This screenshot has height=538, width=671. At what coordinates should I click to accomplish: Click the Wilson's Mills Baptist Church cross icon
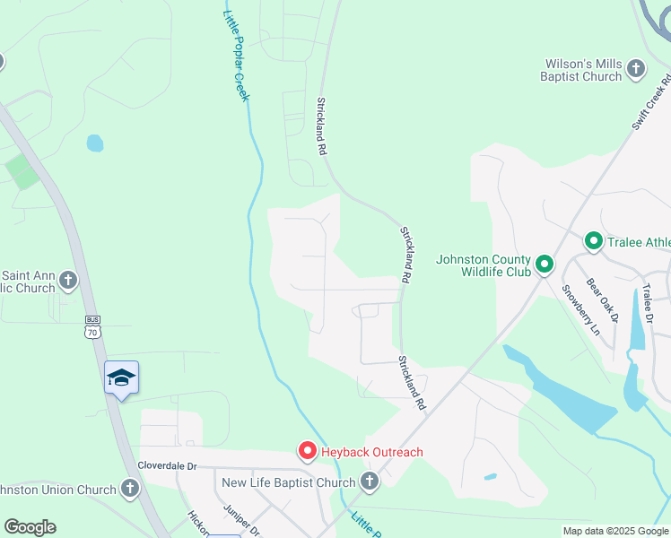pyautogui.click(x=635, y=69)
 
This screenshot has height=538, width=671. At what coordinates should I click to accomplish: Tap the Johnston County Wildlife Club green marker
pyautogui.click(x=544, y=265)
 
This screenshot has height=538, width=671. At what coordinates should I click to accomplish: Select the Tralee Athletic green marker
pyautogui.click(x=592, y=241)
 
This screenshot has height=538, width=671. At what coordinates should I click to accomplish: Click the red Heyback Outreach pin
pyautogui.click(x=307, y=450)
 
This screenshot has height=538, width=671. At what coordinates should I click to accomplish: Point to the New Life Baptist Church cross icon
pyautogui.click(x=369, y=482)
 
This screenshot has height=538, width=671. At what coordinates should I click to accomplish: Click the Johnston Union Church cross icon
pyautogui.click(x=130, y=490)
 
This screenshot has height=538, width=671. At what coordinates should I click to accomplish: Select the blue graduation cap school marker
pyautogui.click(x=121, y=377)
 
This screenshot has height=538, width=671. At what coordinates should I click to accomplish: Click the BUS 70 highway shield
pyautogui.click(x=93, y=326)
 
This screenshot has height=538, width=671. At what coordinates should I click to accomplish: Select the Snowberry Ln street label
pyautogui.click(x=580, y=309)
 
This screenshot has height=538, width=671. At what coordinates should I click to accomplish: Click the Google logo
pyautogui.click(x=30, y=527)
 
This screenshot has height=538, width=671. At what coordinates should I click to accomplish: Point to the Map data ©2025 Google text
pyautogui.click(x=615, y=531)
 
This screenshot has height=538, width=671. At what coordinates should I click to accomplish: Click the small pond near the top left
pyautogui.click(x=94, y=143)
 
